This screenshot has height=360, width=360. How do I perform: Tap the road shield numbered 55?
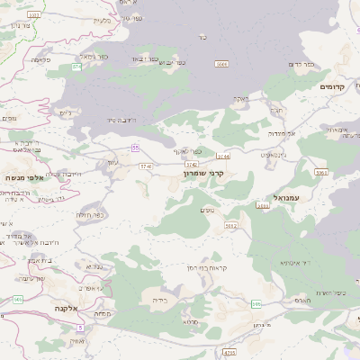pos(135,147)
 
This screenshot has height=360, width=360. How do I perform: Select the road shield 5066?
pos(221,65)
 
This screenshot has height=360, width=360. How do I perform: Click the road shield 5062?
pos(231,225)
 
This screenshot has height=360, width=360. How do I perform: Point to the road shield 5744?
pos(222,156)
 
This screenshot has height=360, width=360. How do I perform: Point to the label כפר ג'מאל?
pos(94,56)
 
